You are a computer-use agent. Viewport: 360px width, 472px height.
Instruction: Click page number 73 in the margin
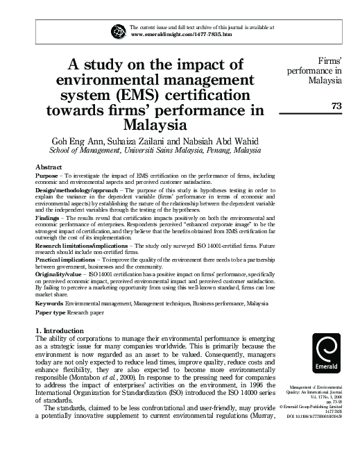(338, 105)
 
